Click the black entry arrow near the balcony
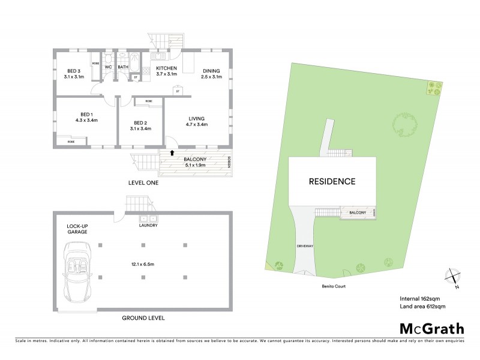[173, 153]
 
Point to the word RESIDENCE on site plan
[332, 181]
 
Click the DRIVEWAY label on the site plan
[305, 247]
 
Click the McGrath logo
[430, 328]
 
